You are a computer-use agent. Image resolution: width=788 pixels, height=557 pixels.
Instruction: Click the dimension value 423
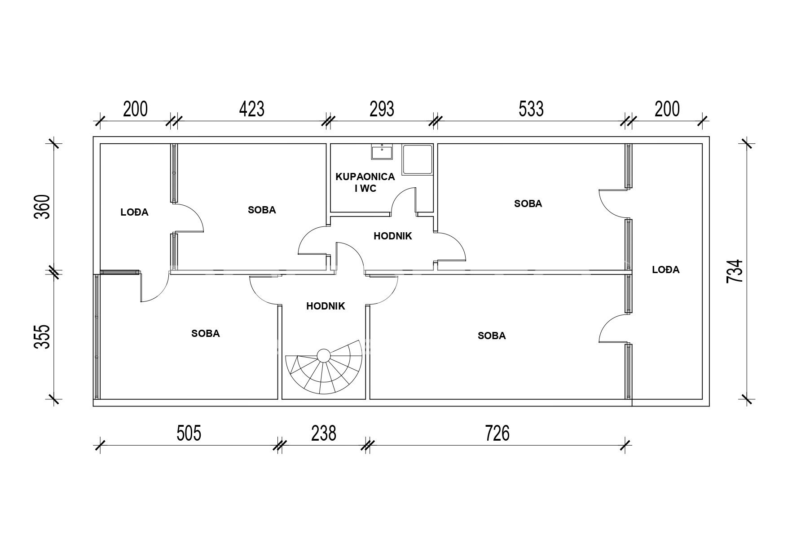(x=251, y=109)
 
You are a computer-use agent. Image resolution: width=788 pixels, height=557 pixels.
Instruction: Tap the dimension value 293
(x=382, y=109)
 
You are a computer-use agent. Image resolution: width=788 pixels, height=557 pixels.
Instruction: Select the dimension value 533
(x=531, y=109)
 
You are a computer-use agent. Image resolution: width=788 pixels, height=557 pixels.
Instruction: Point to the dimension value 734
(x=735, y=271)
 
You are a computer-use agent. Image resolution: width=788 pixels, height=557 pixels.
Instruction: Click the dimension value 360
(x=42, y=207)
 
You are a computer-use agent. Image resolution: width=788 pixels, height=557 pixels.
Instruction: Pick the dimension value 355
(x=42, y=337)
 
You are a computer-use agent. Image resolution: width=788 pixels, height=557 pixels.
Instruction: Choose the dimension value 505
(x=189, y=434)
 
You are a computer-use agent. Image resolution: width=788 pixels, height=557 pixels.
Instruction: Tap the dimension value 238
(x=324, y=434)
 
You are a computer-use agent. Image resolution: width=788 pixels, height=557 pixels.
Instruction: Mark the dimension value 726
(x=497, y=434)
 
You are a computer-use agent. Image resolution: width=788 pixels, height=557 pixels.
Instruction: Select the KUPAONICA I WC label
(x=365, y=182)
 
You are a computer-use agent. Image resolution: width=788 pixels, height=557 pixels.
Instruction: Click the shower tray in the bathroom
(x=417, y=159)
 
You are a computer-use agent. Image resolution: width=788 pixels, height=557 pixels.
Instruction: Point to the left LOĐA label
(x=134, y=212)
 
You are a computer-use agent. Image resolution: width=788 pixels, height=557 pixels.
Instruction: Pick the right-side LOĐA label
(x=666, y=270)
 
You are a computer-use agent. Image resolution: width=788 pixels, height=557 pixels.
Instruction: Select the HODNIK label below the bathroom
(x=393, y=236)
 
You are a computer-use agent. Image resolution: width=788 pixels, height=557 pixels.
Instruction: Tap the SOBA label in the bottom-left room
(x=206, y=334)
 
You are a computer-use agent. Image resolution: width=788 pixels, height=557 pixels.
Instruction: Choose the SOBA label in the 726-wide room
(x=492, y=336)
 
